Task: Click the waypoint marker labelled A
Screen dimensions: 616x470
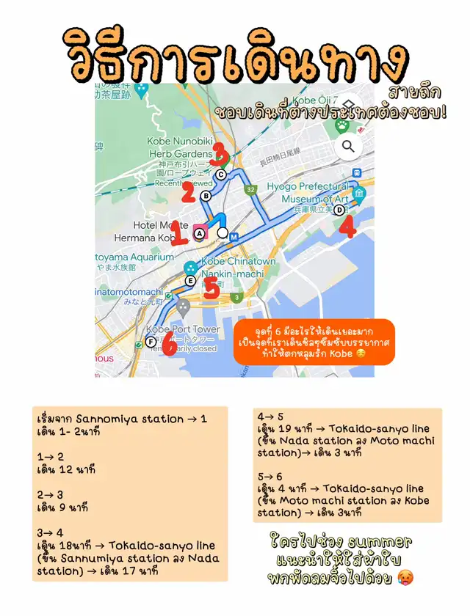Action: point(198,234)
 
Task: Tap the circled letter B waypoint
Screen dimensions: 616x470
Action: point(206,196)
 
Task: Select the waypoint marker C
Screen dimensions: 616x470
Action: point(220,175)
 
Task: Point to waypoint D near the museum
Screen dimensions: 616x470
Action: point(339,210)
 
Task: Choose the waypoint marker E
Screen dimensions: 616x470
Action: point(190,281)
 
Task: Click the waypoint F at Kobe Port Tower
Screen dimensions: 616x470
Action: point(151,342)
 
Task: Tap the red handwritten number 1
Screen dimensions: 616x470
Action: point(176,234)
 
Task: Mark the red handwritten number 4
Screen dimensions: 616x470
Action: point(348,227)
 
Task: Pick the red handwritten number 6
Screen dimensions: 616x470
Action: point(170,342)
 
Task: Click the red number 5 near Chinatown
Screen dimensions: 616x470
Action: point(211,288)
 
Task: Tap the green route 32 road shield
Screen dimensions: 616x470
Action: point(251,189)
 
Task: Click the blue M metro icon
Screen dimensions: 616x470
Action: point(234,237)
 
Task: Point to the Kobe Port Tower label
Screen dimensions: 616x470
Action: point(182,329)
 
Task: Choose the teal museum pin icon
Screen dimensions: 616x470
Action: point(359,194)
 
